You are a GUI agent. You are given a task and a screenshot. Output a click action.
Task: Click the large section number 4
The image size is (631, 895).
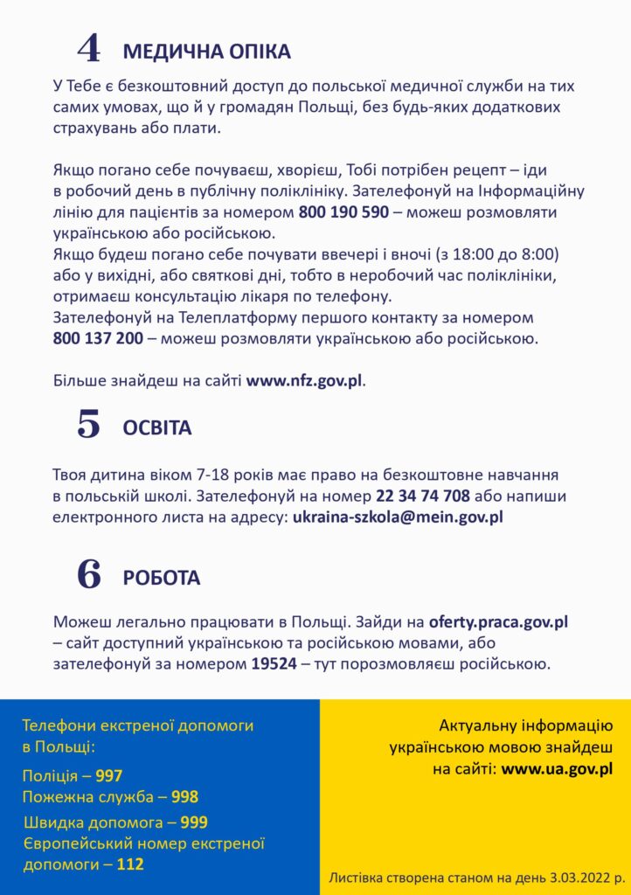[89, 49]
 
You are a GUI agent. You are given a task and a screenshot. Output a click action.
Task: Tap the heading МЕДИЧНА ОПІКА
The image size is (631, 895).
[206, 52]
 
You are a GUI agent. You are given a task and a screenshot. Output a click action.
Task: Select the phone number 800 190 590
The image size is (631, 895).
[343, 212]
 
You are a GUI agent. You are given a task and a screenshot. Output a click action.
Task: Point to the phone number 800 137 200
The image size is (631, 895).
[98, 338]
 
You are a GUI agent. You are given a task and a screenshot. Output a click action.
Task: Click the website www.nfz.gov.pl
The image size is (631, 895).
[304, 381]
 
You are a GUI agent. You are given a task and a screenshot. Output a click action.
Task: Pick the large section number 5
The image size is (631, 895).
[89, 425]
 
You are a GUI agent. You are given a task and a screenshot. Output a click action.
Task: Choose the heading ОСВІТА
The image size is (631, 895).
[157, 428]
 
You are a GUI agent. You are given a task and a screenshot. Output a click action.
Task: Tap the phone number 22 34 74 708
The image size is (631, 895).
[423, 496]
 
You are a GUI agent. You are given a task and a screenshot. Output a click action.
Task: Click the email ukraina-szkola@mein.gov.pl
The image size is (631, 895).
[398, 517]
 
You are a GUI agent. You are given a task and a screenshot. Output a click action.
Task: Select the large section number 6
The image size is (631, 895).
[89, 574]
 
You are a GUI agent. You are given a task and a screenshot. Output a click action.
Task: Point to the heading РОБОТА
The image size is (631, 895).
[162, 578]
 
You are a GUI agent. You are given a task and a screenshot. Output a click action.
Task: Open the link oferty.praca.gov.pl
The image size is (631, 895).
[498, 623]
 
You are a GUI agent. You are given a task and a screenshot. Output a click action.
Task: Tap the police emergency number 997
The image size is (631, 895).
[109, 776]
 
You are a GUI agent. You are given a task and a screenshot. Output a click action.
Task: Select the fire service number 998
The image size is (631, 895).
[184, 797]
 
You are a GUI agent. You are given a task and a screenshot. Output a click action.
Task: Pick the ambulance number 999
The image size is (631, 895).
[194, 822]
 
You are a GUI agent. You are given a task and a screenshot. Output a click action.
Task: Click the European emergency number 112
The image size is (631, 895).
[130, 864]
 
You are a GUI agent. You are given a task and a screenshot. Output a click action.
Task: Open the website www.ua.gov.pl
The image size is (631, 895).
[557, 770]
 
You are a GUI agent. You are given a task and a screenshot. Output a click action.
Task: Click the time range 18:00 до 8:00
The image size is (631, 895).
[507, 254]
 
